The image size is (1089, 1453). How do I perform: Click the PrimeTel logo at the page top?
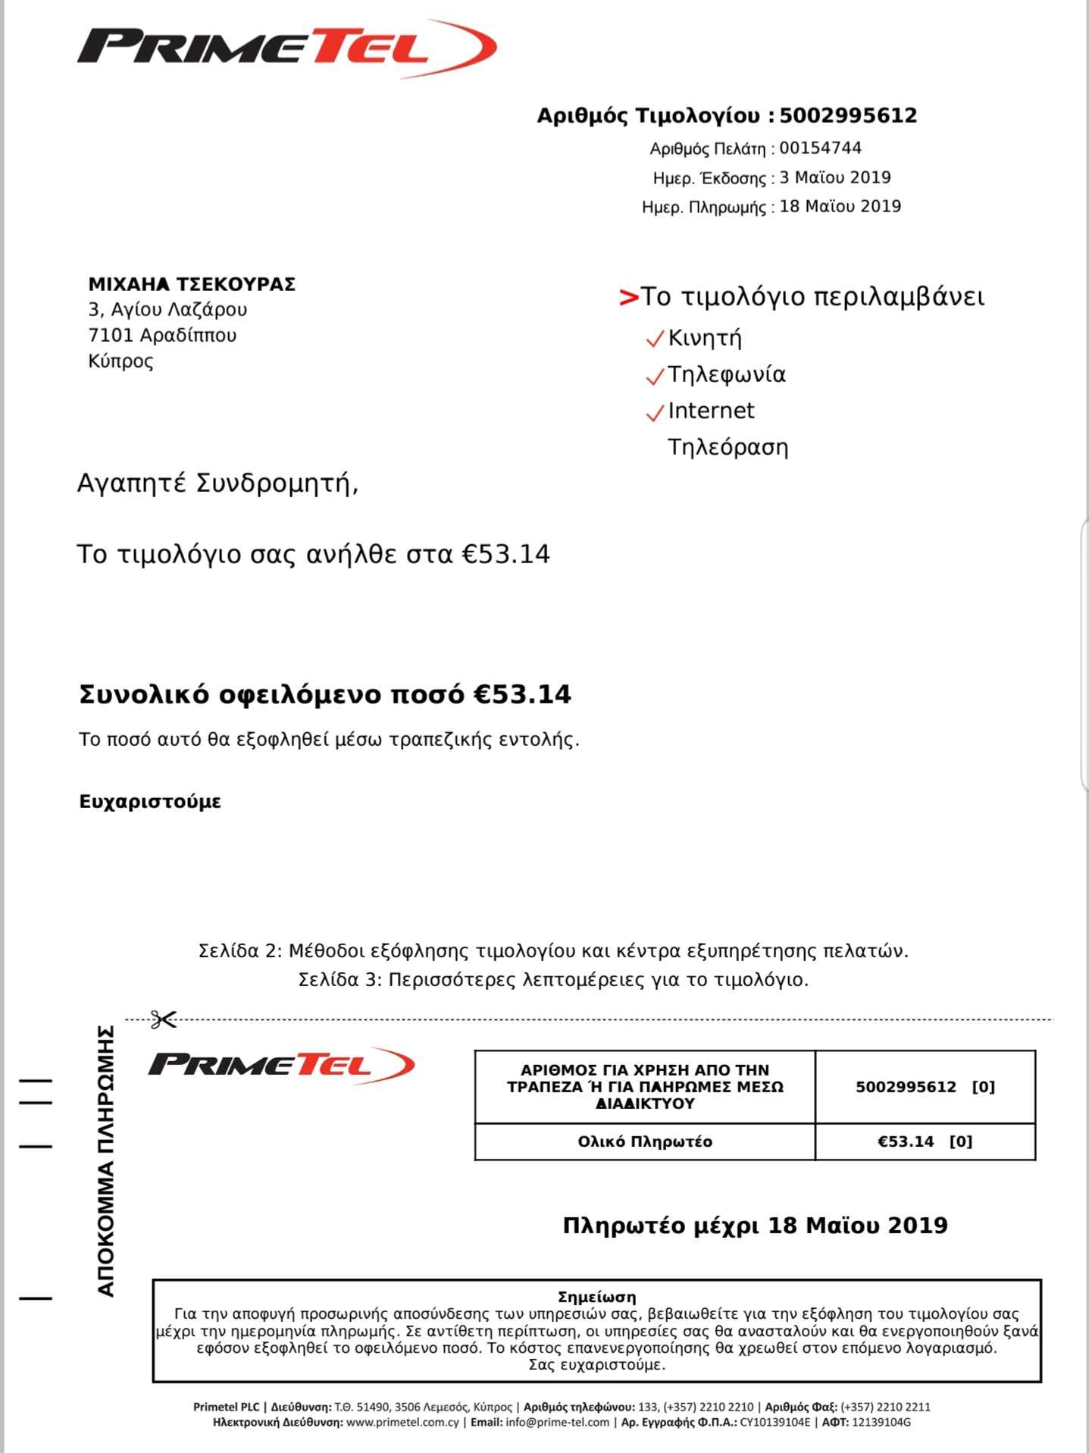[x=286, y=49]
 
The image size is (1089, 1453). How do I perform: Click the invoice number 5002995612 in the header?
[x=847, y=116]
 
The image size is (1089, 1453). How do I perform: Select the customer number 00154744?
[x=820, y=148]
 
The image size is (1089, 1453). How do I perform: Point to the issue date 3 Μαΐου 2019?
[x=834, y=177]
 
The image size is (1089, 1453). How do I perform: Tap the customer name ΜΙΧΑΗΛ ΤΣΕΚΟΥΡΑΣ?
[x=192, y=284]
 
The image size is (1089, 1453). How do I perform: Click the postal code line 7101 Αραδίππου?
[x=162, y=335]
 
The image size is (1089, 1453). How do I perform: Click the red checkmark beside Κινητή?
[x=654, y=340]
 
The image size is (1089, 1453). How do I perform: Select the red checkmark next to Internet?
[x=654, y=413]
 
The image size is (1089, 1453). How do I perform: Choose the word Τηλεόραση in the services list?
[x=728, y=447]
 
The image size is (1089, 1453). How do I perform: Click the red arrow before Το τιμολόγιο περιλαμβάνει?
[x=628, y=297]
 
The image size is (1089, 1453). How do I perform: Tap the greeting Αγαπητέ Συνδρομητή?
[x=217, y=483]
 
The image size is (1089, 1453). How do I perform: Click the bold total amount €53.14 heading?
[x=325, y=694]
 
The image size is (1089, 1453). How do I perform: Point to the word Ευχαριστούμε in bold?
[x=150, y=802]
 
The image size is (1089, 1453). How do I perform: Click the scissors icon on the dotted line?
[x=163, y=1019]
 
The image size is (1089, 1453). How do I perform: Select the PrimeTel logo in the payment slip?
[x=281, y=1064]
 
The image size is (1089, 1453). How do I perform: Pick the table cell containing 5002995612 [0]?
[x=925, y=1087]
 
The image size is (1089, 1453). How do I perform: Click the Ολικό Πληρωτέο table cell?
[x=645, y=1141]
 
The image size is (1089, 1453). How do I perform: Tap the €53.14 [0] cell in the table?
[x=925, y=1141]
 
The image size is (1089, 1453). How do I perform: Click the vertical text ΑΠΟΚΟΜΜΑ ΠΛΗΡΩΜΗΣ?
[x=106, y=1160]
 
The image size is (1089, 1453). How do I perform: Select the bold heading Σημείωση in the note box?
[x=596, y=1297]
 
